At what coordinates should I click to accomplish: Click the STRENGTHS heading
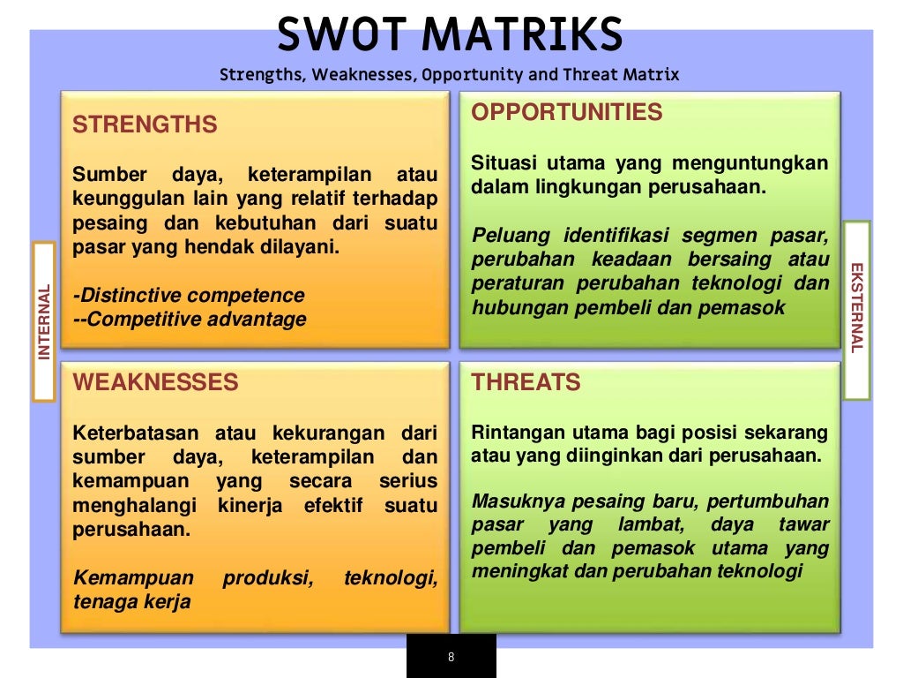[145, 124]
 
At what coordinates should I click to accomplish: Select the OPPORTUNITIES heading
[567, 112]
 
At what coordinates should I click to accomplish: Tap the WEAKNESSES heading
[155, 382]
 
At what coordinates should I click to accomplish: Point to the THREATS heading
[526, 382]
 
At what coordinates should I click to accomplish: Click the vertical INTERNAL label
[44, 321]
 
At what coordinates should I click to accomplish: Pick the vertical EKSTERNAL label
[856, 308]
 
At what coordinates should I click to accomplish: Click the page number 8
[451, 657]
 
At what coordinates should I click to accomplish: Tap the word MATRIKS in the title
[522, 35]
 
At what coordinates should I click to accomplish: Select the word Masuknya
[511, 501]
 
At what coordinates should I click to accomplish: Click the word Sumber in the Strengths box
[103, 174]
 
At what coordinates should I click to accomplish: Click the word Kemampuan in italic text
[133, 578]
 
